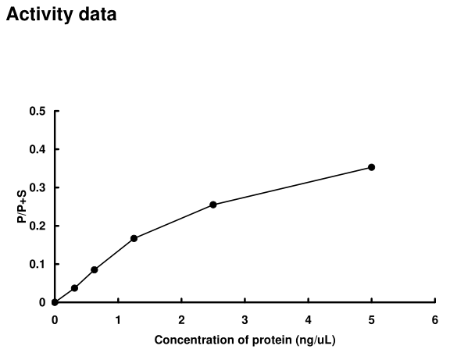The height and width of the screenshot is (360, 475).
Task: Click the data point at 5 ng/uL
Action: pyautogui.click(x=371, y=167)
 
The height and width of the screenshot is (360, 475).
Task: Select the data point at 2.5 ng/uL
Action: pyautogui.click(x=213, y=205)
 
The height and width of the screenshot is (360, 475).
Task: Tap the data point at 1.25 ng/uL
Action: pyautogui.click(x=134, y=238)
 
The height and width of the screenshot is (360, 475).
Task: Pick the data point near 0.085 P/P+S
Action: pyautogui.click(x=95, y=269)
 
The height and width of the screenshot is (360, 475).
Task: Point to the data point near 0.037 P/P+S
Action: pyautogui.click(x=74, y=288)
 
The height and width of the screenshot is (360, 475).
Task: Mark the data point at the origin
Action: pyautogui.click(x=55, y=302)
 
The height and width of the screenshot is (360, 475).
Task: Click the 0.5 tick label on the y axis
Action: pyautogui.click(x=37, y=111)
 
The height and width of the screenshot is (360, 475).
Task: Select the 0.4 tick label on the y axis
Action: pyautogui.click(x=37, y=149)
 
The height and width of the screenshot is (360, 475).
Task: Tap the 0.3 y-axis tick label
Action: pyautogui.click(x=37, y=187)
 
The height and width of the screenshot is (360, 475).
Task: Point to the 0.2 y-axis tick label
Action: pyautogui.click(x=37, y=226)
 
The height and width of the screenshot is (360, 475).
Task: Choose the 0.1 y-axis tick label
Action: pyautogui.click(x=37, y=264)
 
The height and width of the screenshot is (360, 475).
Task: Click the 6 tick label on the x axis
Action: pyautogui.click(x=434, y=319)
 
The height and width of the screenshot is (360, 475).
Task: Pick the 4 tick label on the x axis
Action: pyautogui.click(x=308, y=319)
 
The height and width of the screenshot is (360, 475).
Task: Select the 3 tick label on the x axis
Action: pyautogui.click(x=245, y=319)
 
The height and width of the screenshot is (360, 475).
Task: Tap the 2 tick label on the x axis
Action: pyautogui.click(x=181, y=319)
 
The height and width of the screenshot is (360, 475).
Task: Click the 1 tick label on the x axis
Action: pyautogui.click(x=118, y=319)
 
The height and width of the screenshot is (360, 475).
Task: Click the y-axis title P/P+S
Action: pyautogui.click(x=23, y=207)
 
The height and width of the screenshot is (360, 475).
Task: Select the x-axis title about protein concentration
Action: pyautogui.click(x=245, y=340)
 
